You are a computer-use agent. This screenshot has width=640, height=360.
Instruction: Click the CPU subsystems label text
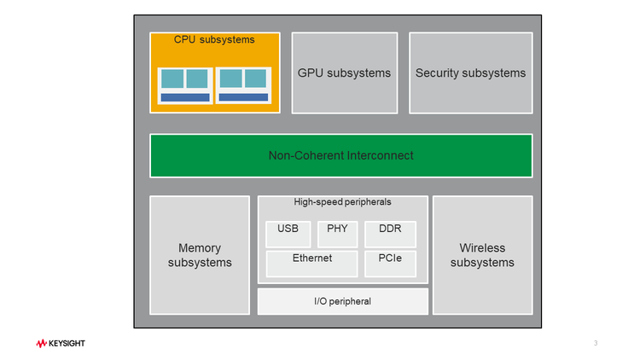(214, 39)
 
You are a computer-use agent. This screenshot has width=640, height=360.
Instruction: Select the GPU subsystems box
(344, 73)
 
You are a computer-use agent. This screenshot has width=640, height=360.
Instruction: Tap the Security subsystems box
(470, 73)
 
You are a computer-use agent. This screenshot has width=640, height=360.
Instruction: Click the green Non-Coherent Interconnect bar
(340, 155)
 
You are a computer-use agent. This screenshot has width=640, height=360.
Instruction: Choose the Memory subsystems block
(200, 255)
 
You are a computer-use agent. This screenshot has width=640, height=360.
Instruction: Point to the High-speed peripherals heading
(342, 202)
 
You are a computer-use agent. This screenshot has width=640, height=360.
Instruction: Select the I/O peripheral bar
(342, 301)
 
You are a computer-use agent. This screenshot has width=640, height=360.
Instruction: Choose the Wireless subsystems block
(482, 255)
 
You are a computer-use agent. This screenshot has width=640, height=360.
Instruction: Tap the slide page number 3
(595, 343)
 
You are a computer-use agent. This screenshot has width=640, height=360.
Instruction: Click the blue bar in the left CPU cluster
(185, 98)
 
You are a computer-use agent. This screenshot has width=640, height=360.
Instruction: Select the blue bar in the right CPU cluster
(243, 98)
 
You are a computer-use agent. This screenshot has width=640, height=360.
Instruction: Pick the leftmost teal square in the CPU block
(172, 78)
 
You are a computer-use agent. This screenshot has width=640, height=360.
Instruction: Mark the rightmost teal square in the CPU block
(255, 78)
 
